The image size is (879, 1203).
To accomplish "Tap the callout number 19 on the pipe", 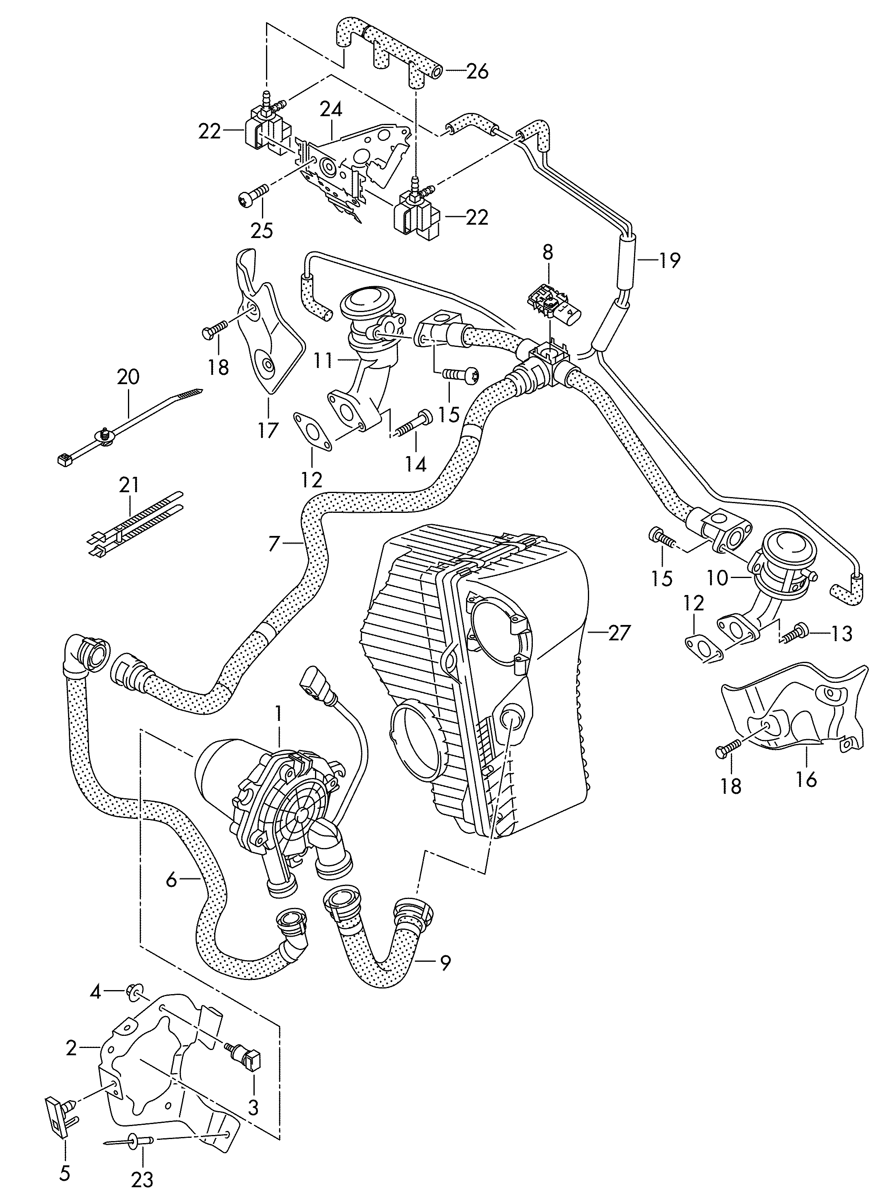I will [x=669, y=261].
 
